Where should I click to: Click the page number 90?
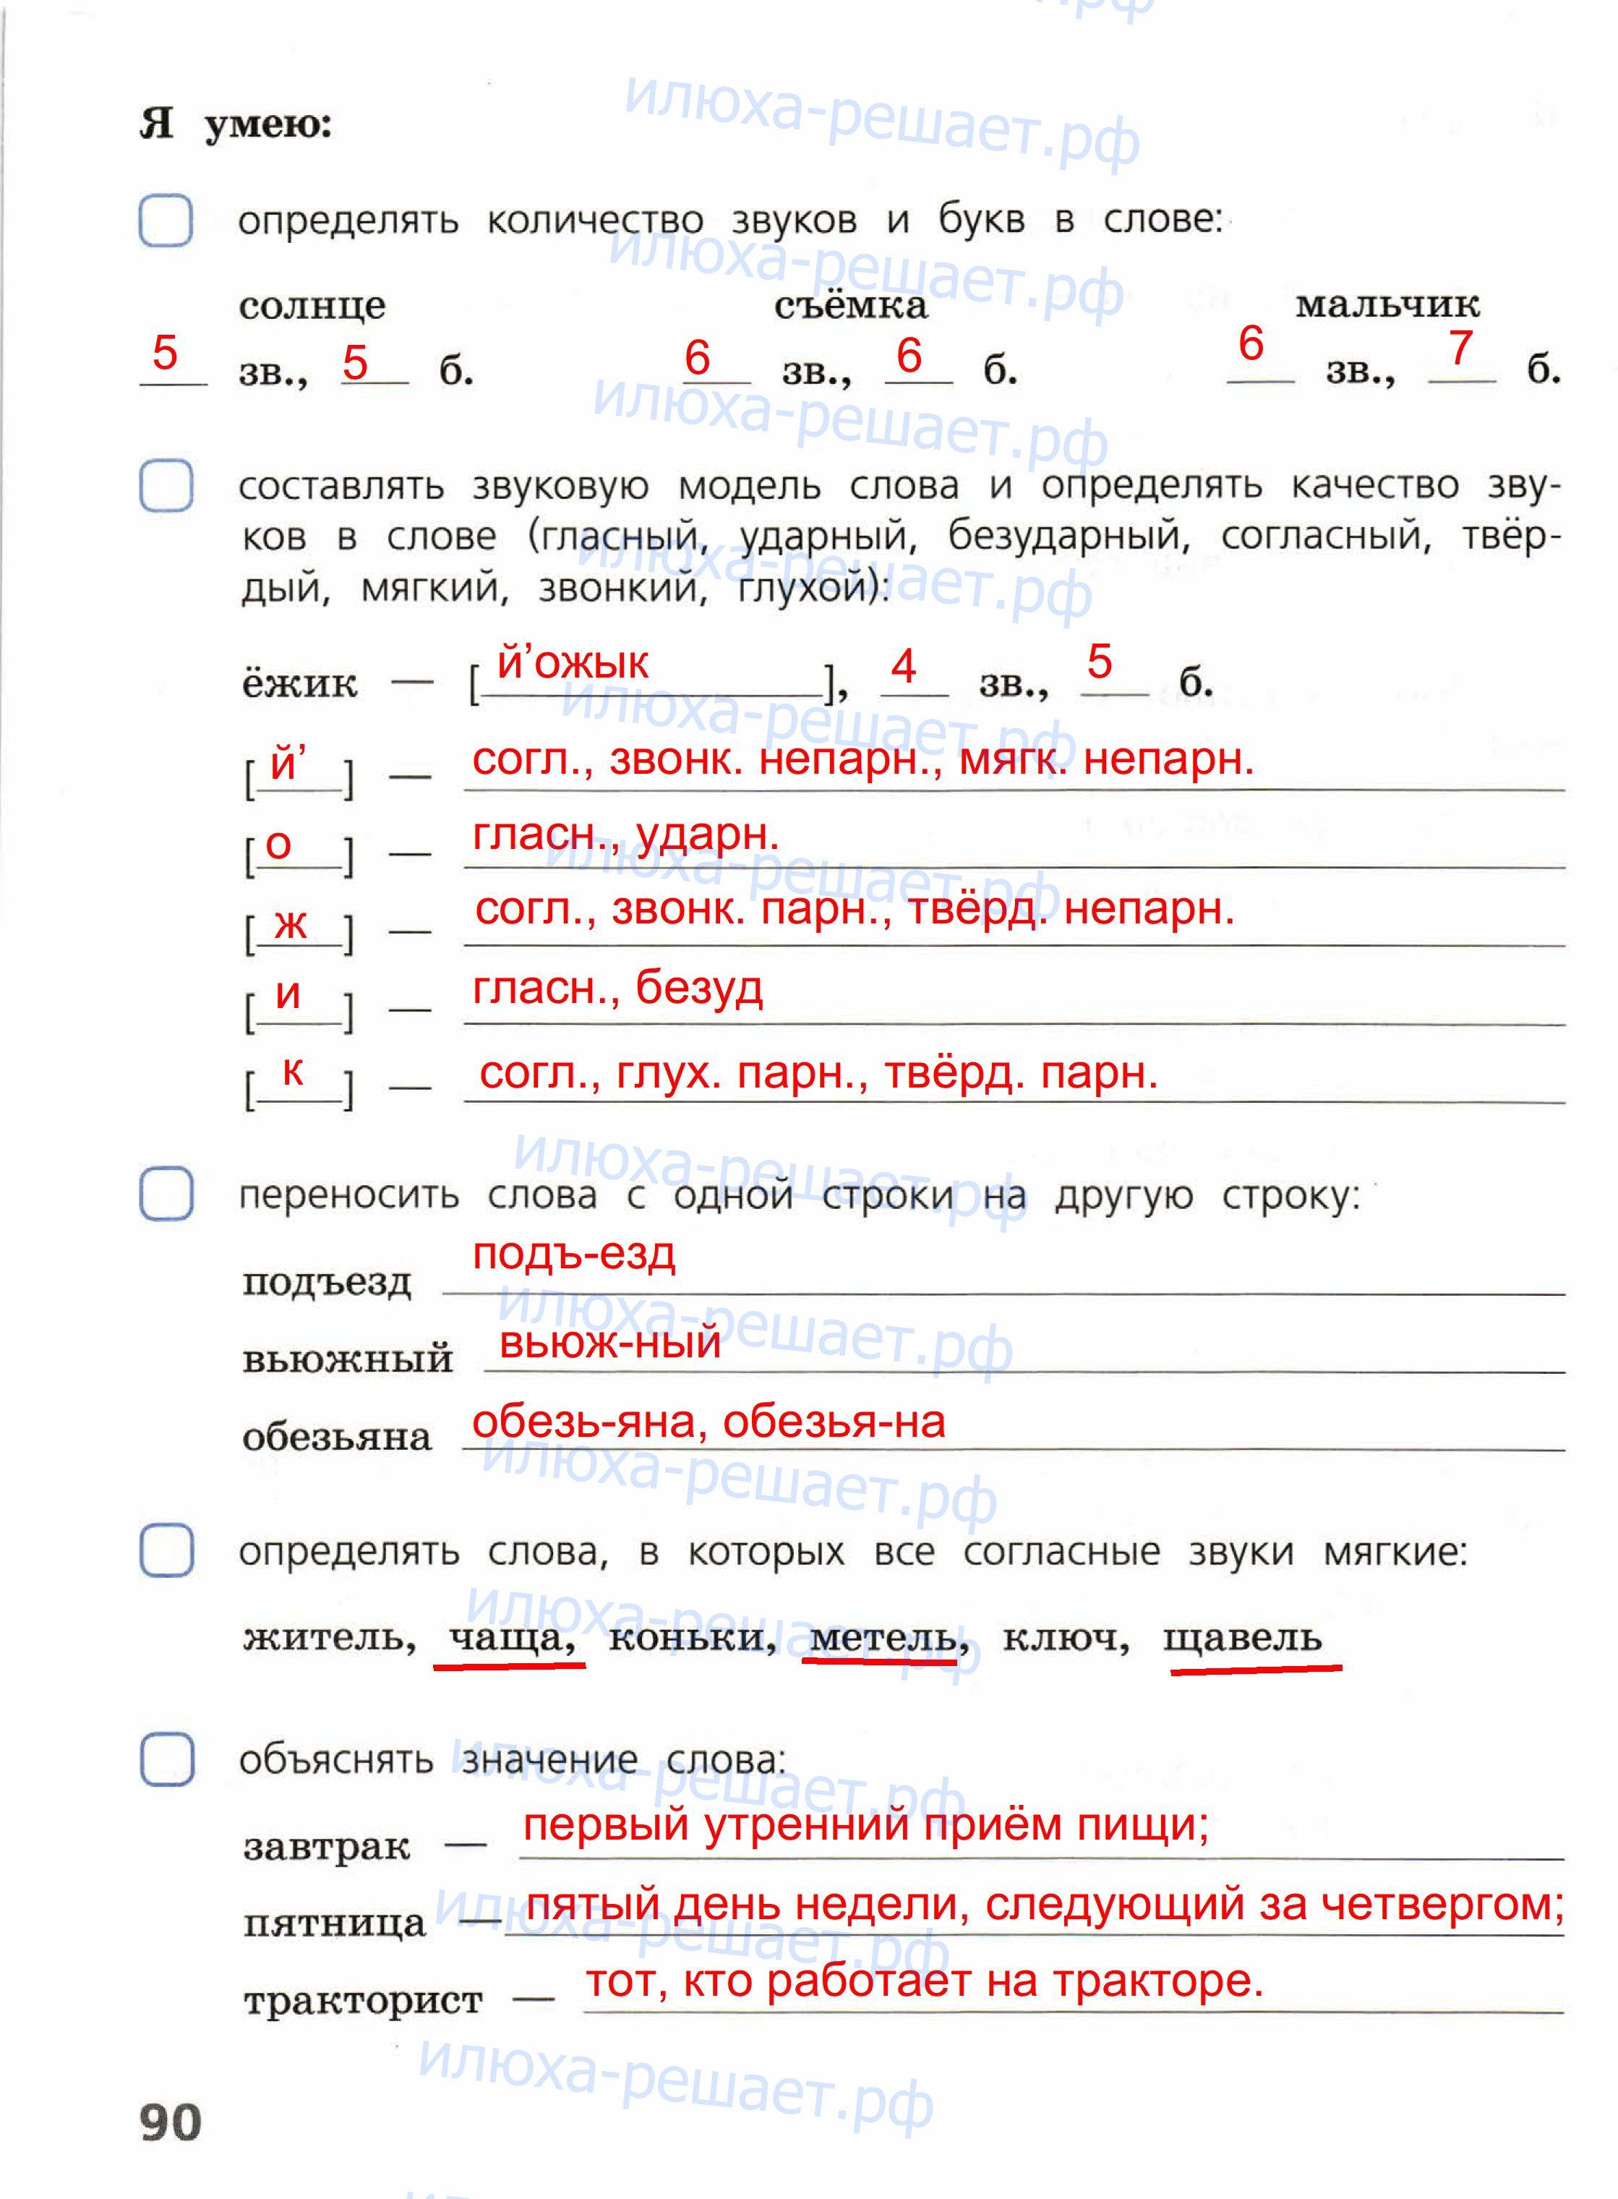tap(171, 2122)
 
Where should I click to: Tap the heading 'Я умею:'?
tap(236, 124)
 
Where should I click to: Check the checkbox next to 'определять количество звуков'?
tap(166, 221)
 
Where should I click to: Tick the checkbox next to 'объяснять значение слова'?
tap(166, 1759)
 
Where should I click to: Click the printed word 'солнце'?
tap(312, 307)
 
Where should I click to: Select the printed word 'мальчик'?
tap(1387, 304)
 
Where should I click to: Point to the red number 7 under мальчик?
tap(1460, 348)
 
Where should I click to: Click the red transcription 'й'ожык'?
tap(573, 663)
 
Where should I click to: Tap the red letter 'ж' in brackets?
tap(290, 922)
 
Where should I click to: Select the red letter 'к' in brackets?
tap(292, 1071)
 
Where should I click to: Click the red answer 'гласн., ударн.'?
tap(625, 834)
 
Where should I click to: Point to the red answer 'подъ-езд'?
tap(573, 1254)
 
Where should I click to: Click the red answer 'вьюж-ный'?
tap(609, 1342)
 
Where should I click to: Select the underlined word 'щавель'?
tap(1242, 1636)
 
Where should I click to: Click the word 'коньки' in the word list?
tap(691, 1636)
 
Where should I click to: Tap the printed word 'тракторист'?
tap(362, 1999)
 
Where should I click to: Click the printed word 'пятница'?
tap(334, 1923)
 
